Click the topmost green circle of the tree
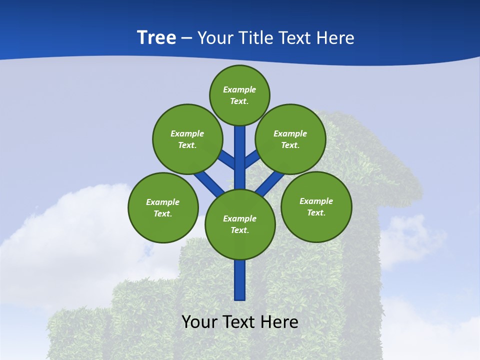click(x=239, y=95)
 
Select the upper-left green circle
click(x=187, y=139)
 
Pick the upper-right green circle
click(x=290, y=139)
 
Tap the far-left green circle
click(x=163, y=207)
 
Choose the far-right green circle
click(x=316, y=206)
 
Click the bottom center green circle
click(x=240, y=224)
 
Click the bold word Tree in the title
click(x=156, y=37)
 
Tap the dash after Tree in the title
click(x=186, y=38)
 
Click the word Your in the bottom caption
click(x=199, y=322)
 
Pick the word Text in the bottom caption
click(x=238, y=322)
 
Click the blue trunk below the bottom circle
click(x=240, y=280)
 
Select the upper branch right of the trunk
click(x=252, y=158)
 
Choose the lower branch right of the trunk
click(x=270, y=182)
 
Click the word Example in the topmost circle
click(x=239, y=89)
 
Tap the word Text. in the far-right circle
click(x=316, y=212)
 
